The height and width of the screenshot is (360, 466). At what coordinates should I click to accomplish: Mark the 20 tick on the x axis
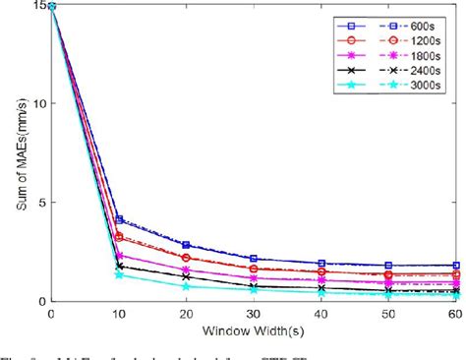coord(186,312)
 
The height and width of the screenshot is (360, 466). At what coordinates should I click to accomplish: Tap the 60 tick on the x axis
coord(454,312)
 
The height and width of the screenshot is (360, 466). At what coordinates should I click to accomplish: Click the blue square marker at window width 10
coord(119,219)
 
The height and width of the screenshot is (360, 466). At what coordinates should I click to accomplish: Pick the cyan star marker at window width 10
coord(119,274)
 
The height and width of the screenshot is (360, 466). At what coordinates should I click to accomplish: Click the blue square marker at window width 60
coord(455,266)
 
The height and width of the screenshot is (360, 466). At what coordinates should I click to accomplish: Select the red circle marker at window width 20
coord(186,258)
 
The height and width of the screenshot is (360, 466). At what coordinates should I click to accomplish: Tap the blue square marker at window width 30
coord(254,259)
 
